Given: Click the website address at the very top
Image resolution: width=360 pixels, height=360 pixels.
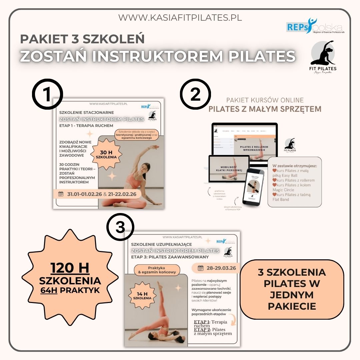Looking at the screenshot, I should (180, 18).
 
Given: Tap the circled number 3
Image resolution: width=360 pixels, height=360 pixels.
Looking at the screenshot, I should (120, 228).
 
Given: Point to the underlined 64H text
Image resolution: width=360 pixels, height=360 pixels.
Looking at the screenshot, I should (49, 290).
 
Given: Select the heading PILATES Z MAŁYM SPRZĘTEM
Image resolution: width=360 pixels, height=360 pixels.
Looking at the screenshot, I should (265, 109).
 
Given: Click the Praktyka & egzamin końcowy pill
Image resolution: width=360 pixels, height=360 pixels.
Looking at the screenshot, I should (157, 270).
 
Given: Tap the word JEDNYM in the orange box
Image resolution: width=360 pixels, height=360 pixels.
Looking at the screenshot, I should (292, 295).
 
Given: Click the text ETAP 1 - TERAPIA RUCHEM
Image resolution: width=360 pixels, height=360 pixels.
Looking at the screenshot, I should (86, 126).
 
